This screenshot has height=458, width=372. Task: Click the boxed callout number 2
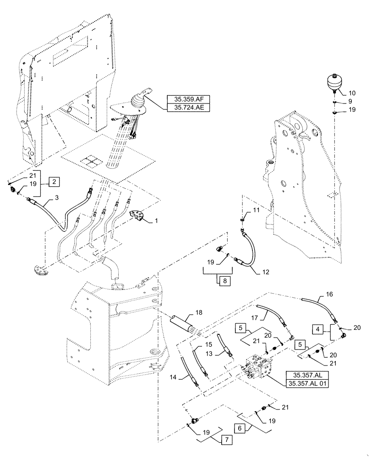(x=54, y=182)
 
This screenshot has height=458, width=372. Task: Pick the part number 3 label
(x=57, y=197)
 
